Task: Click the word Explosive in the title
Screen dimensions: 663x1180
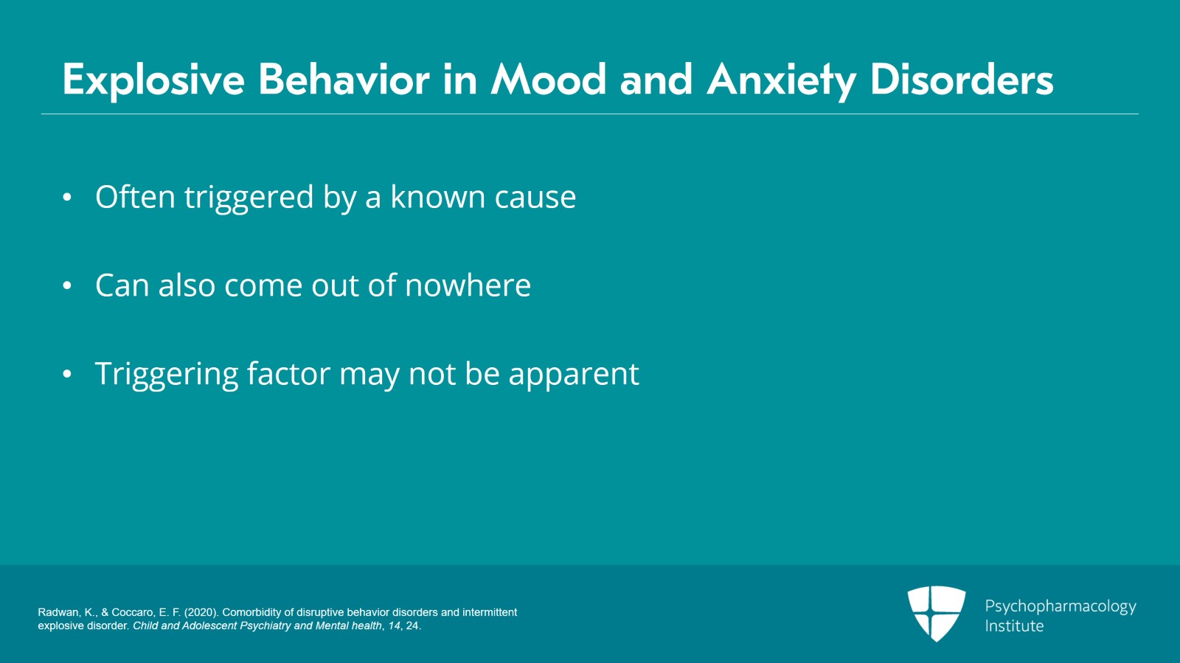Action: click(153, 80)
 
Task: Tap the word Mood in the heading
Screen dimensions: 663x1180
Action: click(549, 80)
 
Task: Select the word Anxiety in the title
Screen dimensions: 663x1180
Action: click(781, 80)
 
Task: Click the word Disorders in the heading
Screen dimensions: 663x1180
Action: click(962, 80)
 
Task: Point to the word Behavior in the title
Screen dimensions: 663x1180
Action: click(344, 80)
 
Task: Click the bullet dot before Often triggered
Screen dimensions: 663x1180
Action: click(67, 198)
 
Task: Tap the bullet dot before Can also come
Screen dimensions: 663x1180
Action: click(67, 286)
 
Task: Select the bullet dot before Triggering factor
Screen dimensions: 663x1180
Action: click(67, 375)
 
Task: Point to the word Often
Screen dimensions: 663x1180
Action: click(135, 197)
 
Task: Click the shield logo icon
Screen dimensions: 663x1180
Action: click(936, 613)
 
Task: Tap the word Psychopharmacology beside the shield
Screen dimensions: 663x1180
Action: click(1060, 606)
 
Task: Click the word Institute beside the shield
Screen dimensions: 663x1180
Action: click(1014, 626)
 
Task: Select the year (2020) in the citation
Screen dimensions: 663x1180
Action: click(201, 612)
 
